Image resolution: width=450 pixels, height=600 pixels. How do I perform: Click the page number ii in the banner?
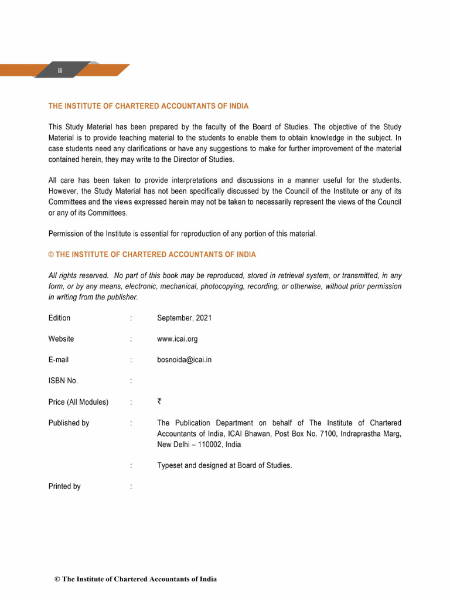(x=59, y=71)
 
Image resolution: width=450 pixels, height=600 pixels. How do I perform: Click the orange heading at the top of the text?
(x=148, y=106)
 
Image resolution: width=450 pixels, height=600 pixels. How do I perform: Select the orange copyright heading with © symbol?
(x=152, y=255)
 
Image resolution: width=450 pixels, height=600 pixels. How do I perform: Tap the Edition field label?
(x=59, y=318)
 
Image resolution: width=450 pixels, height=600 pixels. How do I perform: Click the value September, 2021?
(x=185, y=318)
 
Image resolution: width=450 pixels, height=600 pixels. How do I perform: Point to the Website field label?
(x=61, y=339)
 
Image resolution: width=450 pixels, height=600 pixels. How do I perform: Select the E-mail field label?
(x=59, y=360)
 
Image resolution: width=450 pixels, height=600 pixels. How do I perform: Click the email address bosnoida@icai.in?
(x=185, y=360)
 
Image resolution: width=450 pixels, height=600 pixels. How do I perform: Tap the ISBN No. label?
(x=63, y=381)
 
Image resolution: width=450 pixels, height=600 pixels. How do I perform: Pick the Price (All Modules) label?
(x=79, y=402)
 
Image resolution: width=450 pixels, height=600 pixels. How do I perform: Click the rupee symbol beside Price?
(x=159, y=402)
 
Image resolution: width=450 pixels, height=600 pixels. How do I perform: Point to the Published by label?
(x=69, y=423)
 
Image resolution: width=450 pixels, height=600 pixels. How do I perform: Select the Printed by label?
(x=64, y=486)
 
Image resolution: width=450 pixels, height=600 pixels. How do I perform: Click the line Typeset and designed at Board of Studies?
(x=224, y=466)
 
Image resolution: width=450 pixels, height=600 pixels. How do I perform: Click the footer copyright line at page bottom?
(x=135, y=579)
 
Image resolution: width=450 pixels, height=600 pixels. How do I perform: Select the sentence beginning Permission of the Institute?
(x=183, y=234)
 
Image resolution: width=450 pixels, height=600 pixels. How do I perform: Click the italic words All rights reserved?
(x=78, y=275)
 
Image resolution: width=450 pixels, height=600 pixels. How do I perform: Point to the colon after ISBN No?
(x=131, y=381)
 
